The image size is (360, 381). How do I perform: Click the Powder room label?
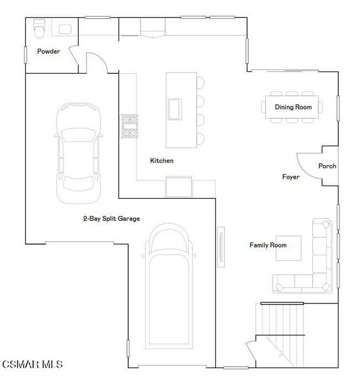(x=48, y=52)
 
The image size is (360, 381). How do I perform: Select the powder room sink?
(x=66, y=29)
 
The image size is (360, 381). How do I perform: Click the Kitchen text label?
(x=162, y=161)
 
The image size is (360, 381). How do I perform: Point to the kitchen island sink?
(x=175, y=108)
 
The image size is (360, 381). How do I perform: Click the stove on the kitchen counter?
(x=130, y=126)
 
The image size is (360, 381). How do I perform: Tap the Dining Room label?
(x=293, y=107)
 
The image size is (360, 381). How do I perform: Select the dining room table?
(x=293, y=107)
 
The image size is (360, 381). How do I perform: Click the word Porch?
(x=327, y=166)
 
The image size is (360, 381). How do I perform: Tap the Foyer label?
(x=291, y=177)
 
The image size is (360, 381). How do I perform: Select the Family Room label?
(x=268, y=245)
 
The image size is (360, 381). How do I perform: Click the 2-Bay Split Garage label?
(x=111, y=219)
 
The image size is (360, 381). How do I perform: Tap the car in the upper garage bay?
(x=78, y=152)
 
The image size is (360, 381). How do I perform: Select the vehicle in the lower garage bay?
(x=168, y=288)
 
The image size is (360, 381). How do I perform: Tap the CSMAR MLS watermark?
(x=32, y=364)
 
